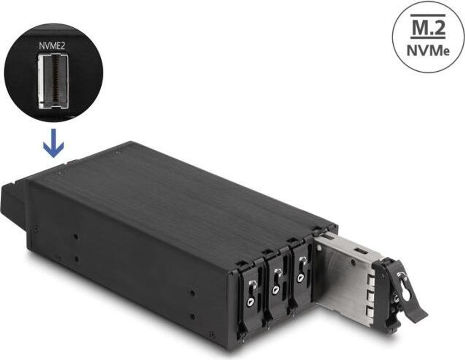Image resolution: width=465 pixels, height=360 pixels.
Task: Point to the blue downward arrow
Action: (x=54, y=143)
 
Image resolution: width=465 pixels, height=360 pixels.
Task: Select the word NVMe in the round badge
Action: (x=428, y=51)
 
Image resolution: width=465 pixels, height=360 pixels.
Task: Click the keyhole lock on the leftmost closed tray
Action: (x=251, y=302)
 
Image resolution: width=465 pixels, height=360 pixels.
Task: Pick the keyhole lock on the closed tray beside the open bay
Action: (x=301, y=278)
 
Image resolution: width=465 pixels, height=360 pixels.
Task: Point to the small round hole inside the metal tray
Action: (x=353, y=262)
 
